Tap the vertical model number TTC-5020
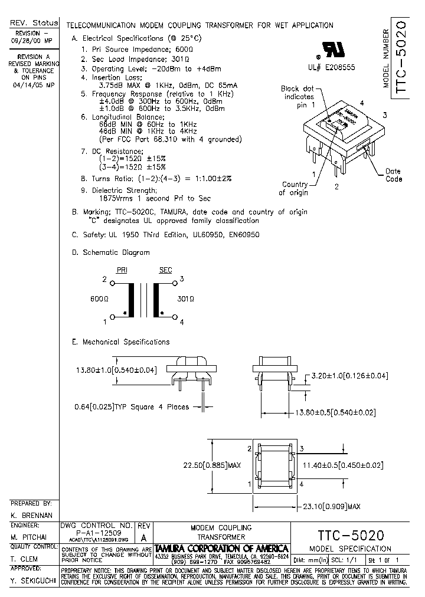(398, 54)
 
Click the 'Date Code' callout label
(393, 175)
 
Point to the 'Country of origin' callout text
(294, 188)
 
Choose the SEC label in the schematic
(165, 270)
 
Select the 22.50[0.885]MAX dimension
(212, 465)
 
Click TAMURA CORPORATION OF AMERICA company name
(221, 549)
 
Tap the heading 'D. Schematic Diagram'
(110, 252)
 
